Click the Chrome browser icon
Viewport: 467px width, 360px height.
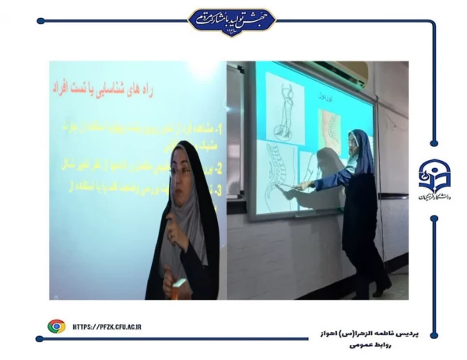pyautogui.click(x=56, y=327)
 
